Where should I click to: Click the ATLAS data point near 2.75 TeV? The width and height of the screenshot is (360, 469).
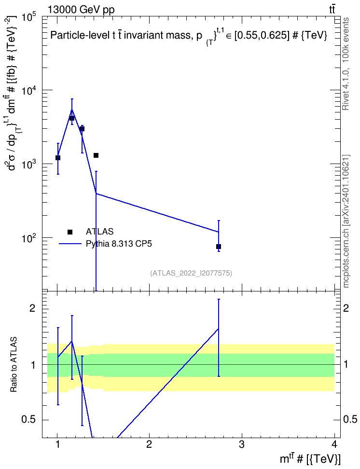point(219,247)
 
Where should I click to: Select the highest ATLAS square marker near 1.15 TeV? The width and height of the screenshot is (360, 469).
point(72,118)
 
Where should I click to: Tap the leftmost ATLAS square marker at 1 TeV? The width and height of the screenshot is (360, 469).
point(58,158)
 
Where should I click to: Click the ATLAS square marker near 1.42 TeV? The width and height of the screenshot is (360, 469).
point(96,155)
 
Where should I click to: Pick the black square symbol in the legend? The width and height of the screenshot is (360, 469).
point(70,232)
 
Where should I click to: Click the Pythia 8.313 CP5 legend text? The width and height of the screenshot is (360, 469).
point(119,244)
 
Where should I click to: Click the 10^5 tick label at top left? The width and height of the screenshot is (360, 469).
point(29,18)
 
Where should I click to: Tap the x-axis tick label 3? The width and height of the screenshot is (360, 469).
point(242,444)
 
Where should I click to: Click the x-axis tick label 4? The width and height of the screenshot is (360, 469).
point(334,444)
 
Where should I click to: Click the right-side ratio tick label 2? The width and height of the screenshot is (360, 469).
point(346,308)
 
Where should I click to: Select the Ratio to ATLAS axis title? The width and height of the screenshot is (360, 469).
point(14,364)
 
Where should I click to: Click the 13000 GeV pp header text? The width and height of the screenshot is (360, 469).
point(81,10)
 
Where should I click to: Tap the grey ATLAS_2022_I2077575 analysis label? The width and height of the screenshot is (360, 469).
point(191,273)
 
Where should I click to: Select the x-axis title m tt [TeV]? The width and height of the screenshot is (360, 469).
point(310,458)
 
